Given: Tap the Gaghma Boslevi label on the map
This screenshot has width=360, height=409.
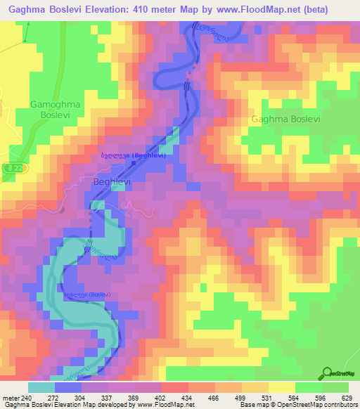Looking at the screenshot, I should point(285,119).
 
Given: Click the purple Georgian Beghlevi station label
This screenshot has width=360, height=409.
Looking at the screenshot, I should point(133,155).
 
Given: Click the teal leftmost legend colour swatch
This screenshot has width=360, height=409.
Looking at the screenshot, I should point(41,387).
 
